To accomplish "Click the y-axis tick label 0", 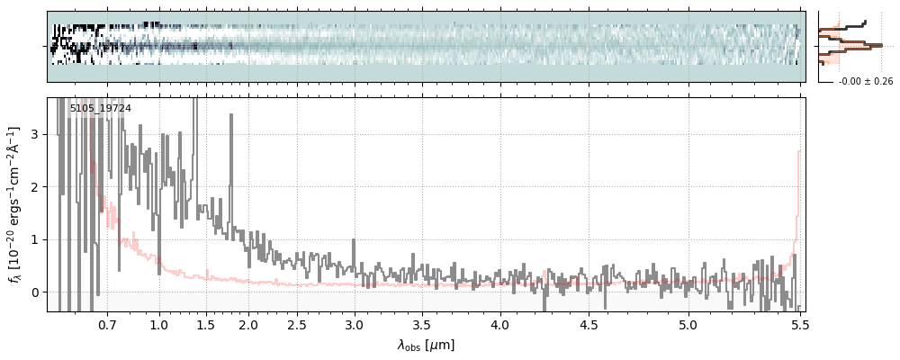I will pyautogui.click(x=37, y=292).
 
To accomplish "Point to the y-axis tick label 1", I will pyautogui.click(x=37, y=239).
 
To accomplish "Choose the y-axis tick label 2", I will pyautogui.click(x=37, y=187).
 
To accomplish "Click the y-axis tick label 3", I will pyautogui.click(x=37, y=134).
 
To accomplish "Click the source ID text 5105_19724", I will pyautogui.click(x=101, y=109).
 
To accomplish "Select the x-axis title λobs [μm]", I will pyautogui.click(x=426, y=345).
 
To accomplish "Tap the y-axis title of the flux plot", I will pyautogui.click(x=15, y=204).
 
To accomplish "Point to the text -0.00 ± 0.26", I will pyautogui.click(x=866, y=82).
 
